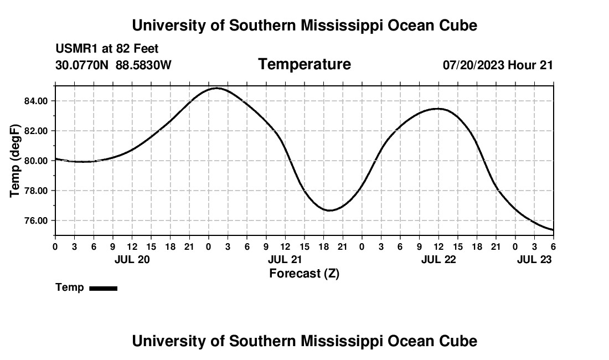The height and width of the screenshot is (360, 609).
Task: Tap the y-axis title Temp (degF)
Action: (16, 161)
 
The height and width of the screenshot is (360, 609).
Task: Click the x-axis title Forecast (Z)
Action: (304, 273)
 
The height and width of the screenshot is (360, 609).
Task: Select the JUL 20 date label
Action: (132, 259)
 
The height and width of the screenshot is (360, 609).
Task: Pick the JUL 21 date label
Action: (285, 259)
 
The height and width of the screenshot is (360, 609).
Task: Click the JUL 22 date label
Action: (438, 259)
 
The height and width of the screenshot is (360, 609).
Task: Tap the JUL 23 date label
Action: (534, 259)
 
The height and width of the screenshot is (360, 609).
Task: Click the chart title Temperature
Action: (304, 64)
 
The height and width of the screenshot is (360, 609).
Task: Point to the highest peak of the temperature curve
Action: (216, 88)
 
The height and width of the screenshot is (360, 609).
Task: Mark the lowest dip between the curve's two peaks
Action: (330, 210)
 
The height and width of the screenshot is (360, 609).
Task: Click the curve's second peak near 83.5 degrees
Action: (438, 109)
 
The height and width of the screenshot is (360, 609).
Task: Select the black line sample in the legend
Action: (103, 288)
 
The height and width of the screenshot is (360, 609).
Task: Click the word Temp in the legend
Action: (70, 287)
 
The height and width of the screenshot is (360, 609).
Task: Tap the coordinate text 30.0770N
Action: (83, 65)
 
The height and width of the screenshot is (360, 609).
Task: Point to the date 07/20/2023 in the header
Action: (473, 65)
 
